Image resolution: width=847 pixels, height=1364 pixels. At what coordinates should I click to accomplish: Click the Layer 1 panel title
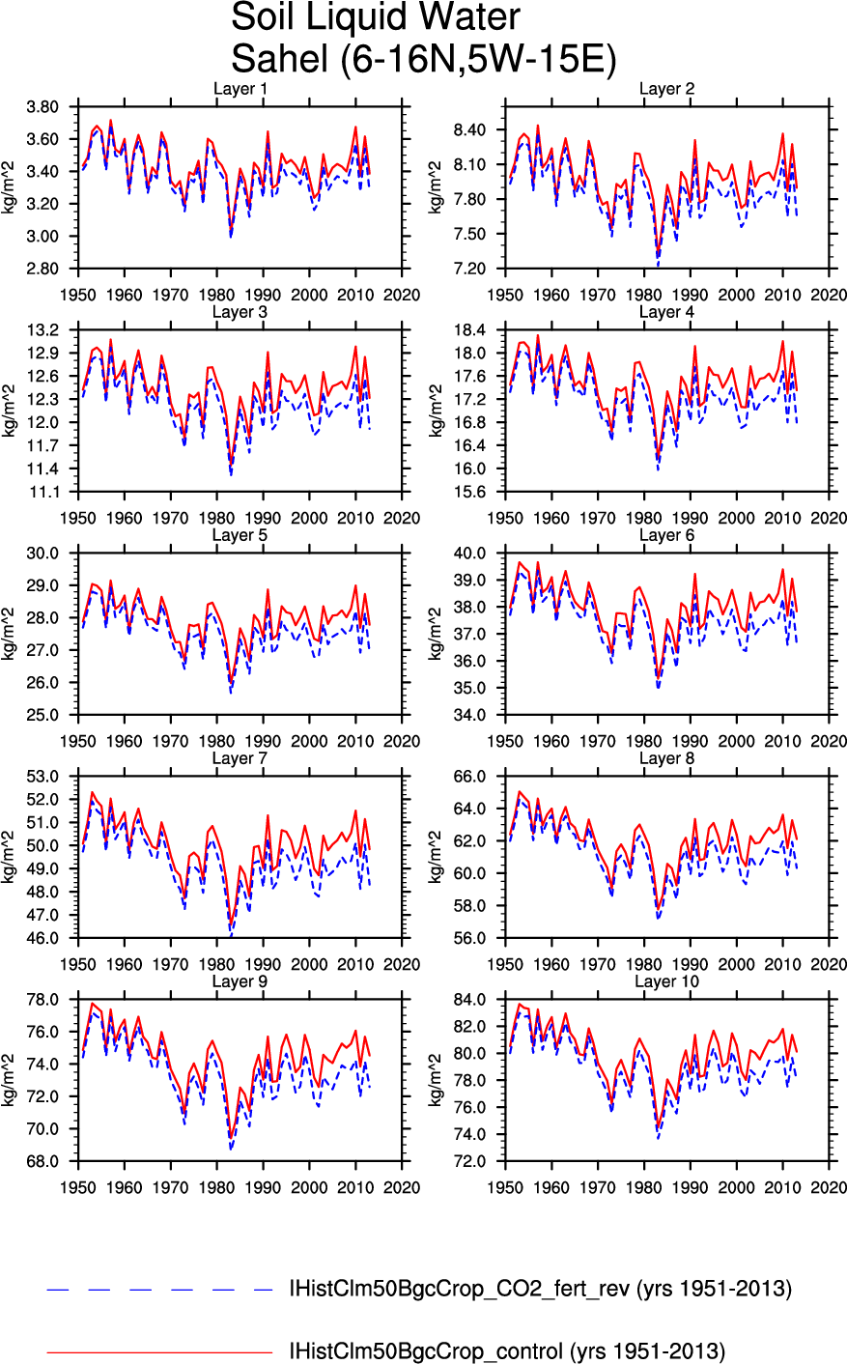click(240, 89)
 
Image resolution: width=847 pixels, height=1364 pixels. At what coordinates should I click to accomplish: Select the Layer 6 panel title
click(666, 535)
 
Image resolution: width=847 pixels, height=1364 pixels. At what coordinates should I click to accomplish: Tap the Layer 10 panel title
click(666, 981)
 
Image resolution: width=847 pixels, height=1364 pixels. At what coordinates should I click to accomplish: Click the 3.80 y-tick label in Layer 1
click(42, 107)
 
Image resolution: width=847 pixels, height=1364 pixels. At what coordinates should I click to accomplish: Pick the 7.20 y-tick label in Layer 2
click(469, 269)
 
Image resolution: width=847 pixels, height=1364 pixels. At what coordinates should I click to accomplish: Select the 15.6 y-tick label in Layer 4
click(470, 492)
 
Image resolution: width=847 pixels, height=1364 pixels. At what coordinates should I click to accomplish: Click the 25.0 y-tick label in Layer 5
click(43, 715)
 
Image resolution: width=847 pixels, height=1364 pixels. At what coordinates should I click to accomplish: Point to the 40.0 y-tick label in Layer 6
click(470, 554)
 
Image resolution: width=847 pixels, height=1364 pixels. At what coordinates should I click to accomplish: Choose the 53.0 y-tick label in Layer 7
click(43, 777)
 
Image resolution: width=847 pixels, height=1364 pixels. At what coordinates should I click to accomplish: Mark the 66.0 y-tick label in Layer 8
click(470, 777)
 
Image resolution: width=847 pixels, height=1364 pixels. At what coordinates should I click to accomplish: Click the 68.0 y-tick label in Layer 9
click(43, 1162)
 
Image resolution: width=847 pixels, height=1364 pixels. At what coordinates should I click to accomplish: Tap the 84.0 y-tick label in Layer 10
click(470, 1000)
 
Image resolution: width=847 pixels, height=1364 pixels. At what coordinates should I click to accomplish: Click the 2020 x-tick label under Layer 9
click(402, 1188)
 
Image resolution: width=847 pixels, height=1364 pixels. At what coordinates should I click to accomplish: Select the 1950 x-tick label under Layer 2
click(505, 296)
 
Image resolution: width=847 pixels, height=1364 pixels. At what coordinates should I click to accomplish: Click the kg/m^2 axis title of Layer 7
click(8, 857)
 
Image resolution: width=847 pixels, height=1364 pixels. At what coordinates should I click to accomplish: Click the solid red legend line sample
click(159, 1352)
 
